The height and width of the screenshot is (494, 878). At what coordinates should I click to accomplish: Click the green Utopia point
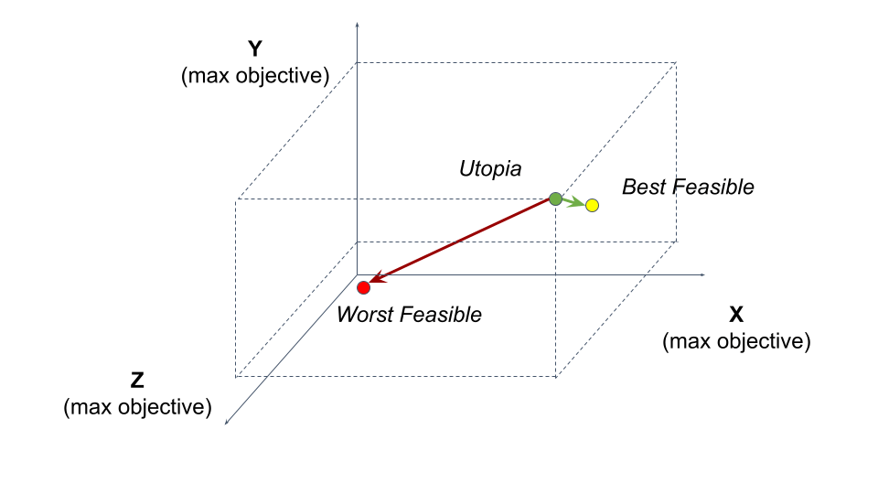click(x=555, y=199)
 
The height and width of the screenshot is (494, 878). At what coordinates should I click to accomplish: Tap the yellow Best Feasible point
click(x=592, y=206)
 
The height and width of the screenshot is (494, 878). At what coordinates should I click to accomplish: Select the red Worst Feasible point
click(x=363, y=287)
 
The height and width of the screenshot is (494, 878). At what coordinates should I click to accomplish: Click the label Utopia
click(x=489, y=168)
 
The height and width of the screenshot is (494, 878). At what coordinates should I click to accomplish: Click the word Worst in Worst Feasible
click(x=366, y=315)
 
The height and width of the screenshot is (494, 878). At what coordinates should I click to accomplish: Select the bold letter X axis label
click(x=736, y=316)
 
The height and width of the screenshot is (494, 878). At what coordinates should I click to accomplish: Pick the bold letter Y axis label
click(x=255, y=49)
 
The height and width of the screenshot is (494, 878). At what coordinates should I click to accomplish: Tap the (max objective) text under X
click(x=736, y=342)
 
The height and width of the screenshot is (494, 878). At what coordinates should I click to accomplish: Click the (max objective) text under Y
click(x=255, y=76)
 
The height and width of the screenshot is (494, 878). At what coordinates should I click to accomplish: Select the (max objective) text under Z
click(x=137, y=407)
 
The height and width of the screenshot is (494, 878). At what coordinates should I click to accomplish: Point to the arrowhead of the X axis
click(x=702, y=274)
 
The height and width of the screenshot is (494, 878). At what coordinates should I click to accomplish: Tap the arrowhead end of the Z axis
click(x=228, y=422)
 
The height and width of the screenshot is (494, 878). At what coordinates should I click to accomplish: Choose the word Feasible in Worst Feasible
click(x=439, y=315)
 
